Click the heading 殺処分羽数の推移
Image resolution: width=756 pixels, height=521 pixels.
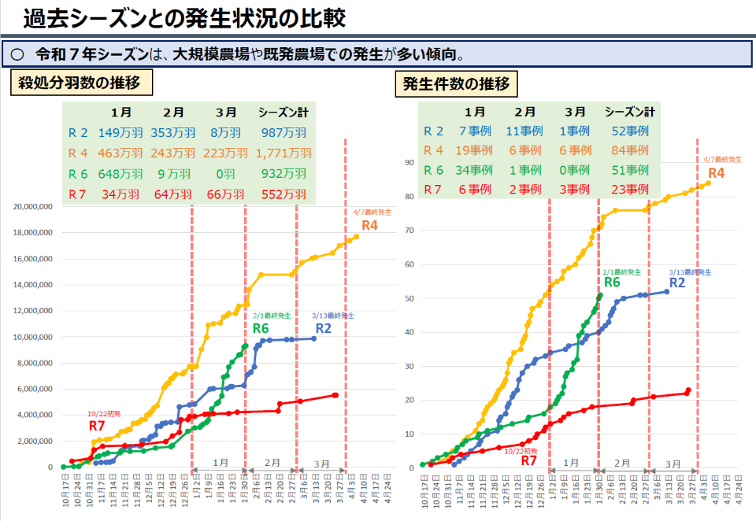coord(80,83)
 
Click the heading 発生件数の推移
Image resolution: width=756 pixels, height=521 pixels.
coord(457,83)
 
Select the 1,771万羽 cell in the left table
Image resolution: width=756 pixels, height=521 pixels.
coord(284,153)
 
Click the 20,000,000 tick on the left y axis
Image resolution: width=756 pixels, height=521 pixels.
coord(33,206)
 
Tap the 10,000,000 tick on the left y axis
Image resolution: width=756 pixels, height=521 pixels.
coord(33,337)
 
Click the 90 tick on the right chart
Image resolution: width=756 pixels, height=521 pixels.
coord(409,162)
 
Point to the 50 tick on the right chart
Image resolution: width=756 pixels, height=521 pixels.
coord(409,298)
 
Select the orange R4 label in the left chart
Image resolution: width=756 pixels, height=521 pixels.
coord(369,226)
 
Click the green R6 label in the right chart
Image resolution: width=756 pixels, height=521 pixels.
coord(613,282)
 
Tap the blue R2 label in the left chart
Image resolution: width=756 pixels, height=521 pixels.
coord(324,328)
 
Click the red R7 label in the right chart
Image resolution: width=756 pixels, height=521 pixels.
coord(530,461)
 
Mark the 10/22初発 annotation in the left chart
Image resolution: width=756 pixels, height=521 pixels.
coord(104,414)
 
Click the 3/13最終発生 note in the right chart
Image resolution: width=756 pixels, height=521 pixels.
coord(690,272)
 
